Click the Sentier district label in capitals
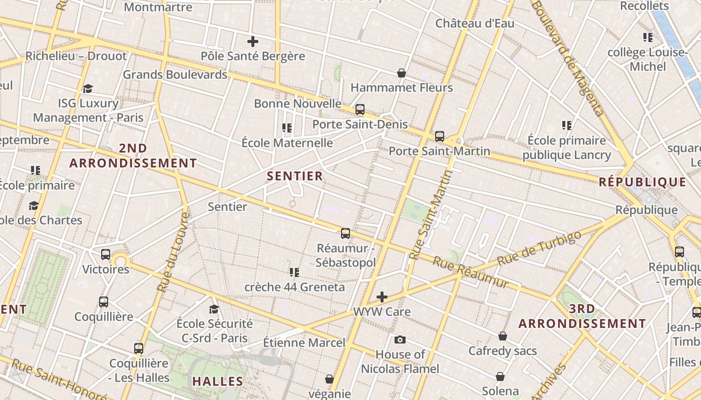coord(295,176)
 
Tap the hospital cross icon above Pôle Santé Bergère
coord(253,41)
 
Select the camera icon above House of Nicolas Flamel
coord(400,340)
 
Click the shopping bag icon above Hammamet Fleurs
coord(401,73)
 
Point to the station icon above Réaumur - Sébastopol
coord(345,233)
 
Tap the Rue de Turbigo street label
coord(539,248)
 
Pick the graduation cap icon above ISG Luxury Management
coord(88,89)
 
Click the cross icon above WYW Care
coord(382,297)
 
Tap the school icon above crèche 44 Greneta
coord(294,272)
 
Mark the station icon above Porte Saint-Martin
coord(439,136)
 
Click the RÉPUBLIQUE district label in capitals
coord(642,182)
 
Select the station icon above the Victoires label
coord(106,254)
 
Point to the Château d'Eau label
coord(475,23)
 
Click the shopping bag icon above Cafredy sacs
coord(502,336)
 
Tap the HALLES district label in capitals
coord(218,381)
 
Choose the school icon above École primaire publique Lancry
coord(566,125)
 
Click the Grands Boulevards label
coord(175,74)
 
